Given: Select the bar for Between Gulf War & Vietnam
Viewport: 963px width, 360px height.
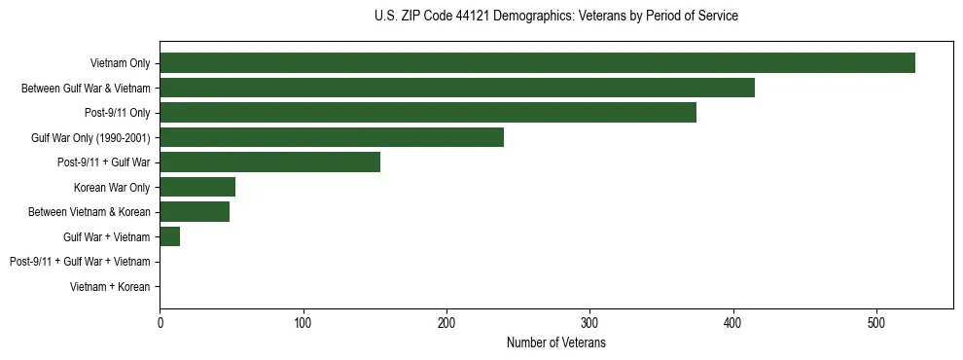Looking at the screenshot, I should pyautogui.click(x=457, y=88).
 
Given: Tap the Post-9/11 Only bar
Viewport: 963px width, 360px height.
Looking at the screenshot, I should pyautogui.click(x=428, y=113).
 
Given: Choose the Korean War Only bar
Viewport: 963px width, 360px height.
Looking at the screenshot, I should pyautogui.click(x=197, y=187).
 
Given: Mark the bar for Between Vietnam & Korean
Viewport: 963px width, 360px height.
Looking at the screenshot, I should pyautogui.click(x=195, y=212).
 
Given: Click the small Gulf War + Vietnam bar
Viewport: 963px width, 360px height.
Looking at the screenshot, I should pyautogui.click(x=170, y=236).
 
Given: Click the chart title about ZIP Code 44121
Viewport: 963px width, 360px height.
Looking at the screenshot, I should pyautogui.click(x=555, y=17).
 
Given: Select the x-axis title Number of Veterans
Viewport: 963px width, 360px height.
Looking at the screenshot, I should pyautogui.click(x=555, y=342).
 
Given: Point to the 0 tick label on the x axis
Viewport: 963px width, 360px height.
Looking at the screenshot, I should pyautogui.click(x=160, y=323).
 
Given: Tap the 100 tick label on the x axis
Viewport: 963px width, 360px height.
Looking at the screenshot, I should pyautogui.click(x=303, y=323).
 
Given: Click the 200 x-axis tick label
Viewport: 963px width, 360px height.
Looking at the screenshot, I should pyautogui.click(x=446, y=323).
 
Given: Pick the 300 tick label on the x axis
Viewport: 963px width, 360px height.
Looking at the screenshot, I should pyautogui.click(x=589, y=323).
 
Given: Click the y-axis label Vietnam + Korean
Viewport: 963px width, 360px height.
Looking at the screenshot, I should pyautogui.click(x=110, y=287).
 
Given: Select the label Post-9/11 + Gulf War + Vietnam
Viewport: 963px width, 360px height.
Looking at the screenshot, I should pyautogui.click(x=80, y=262).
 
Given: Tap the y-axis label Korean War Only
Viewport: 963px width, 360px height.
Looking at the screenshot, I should pyautogui.click(x=112, y=187).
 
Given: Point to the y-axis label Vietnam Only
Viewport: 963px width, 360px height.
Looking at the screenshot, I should pyautogui.click(x=120, y=63).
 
